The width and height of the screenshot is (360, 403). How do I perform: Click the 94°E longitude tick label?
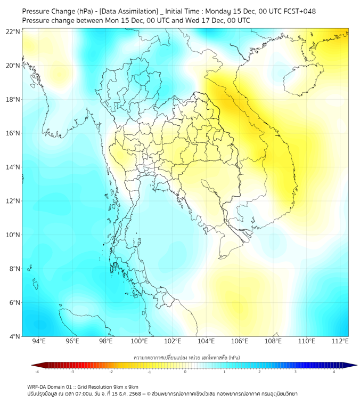pyautogui.click(x=39, y=342)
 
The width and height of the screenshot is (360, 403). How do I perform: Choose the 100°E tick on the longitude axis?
pyautogui.click(x=140, y=342)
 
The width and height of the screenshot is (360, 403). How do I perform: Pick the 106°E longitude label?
pyautogui.click(x=240, y=342)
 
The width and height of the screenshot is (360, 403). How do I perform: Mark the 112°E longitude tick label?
pyautogui.click(x=340, y=342)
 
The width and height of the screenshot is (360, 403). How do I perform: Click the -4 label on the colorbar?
pyautogui.click(x=37, y=372)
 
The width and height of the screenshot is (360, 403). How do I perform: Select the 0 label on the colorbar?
pyautogui.click(x=185, y=372)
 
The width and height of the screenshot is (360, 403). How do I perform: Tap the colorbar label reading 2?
pyautogui.click(x=260, y=372)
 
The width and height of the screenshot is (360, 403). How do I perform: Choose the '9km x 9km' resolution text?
pyautogui.click(x=126, y=386)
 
